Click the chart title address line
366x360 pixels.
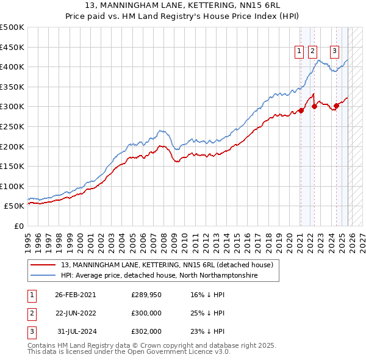pos(183,5)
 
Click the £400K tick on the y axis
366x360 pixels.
pos(12,67)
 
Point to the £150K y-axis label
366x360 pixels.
pos(12,166)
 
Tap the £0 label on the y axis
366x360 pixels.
pos(19,226)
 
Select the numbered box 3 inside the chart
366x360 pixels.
pos(335,52)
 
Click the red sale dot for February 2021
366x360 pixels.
pos(301,110)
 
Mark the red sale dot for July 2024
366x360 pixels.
pos(336,106)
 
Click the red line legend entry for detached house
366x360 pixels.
pos(170,265)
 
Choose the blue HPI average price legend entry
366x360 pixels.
pos(159,276)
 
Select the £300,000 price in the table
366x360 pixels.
pos(146,313)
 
